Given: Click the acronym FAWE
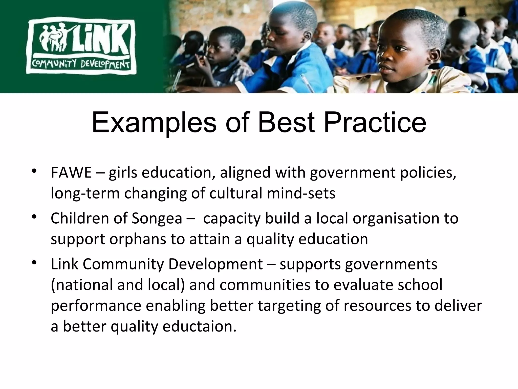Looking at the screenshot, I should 71,173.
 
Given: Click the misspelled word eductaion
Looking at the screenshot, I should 200,326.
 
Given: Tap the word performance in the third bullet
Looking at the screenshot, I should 96,306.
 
